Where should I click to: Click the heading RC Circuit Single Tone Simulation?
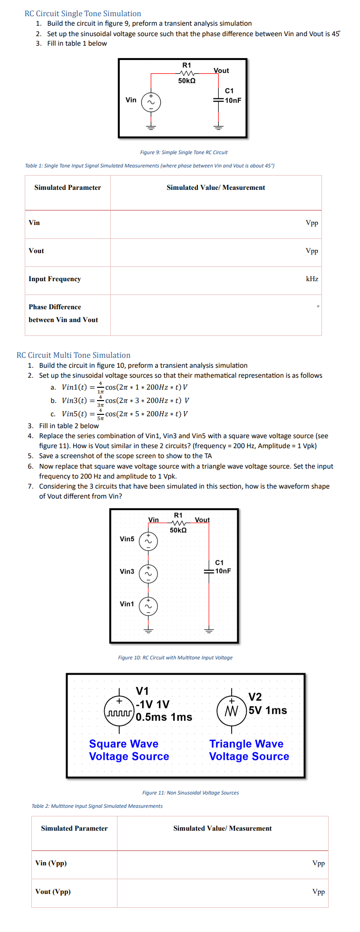point(83,13)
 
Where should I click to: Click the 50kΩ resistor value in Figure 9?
point(187,81)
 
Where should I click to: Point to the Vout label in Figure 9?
point(221,70)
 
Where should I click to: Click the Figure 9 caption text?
point(184,152)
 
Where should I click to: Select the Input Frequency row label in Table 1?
point(55,279)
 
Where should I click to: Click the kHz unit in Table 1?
point(312,279)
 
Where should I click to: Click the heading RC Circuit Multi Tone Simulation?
point(73,355)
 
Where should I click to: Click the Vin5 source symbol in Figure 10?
point(148,541)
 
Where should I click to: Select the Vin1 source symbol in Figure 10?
point(148,606)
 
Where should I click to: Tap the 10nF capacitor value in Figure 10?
point(223,571)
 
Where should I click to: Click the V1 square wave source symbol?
point(119,710)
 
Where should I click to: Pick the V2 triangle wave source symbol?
point(232,711)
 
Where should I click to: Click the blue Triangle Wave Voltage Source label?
point(249,750)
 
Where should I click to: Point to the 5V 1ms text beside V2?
point(268,710)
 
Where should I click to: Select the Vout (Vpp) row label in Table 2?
point(53,892)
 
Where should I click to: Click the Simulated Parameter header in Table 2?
point(74,828)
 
